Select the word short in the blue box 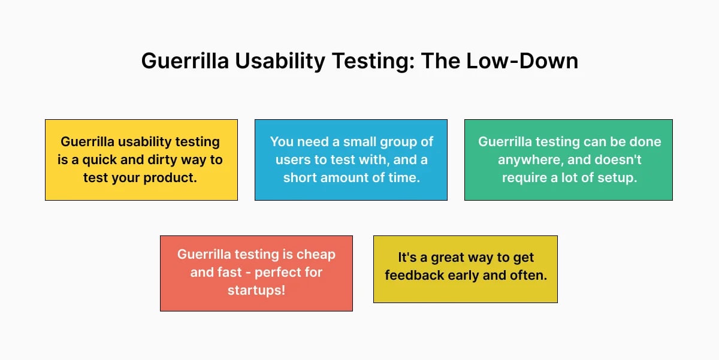coord(301,178)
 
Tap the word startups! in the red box coord(256,290)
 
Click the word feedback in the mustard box coord(412,275)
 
